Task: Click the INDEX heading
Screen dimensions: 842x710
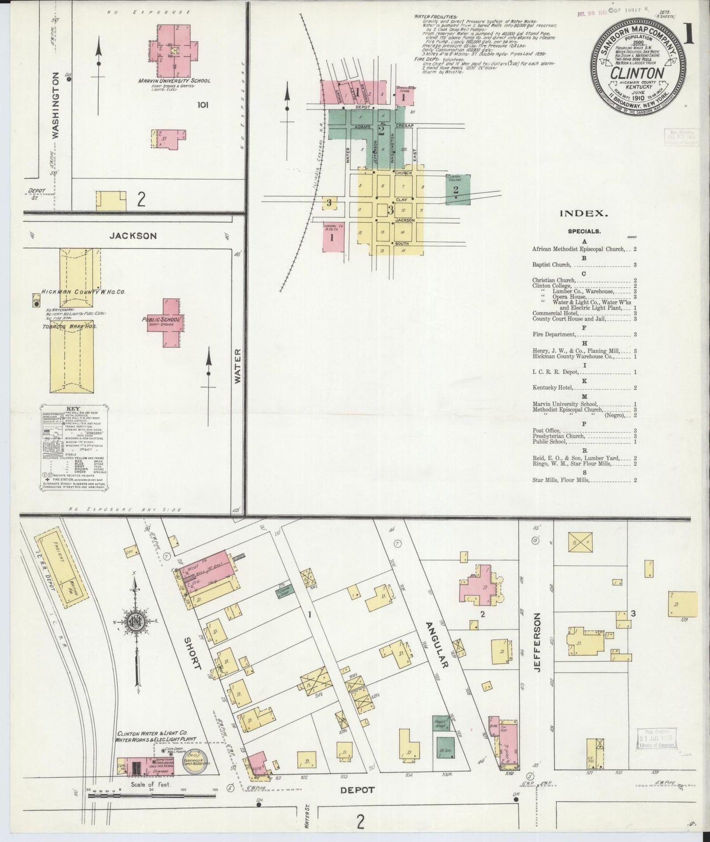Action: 584,214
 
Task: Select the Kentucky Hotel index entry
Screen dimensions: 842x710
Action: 553,388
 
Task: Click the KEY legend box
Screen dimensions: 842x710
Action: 74,447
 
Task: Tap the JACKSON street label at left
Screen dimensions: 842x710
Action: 133,236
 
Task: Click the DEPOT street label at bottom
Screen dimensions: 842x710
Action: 357,790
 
